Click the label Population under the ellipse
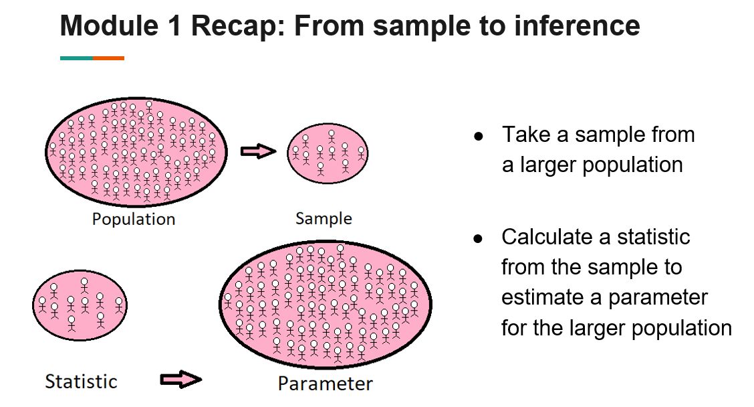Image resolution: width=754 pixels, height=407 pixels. (134, 220)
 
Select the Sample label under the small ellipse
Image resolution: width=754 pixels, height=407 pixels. (324, 219)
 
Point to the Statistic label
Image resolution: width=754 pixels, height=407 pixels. (81, 382)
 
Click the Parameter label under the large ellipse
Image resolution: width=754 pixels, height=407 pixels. (326, 384)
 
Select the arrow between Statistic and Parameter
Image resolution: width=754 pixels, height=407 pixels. (180, 380)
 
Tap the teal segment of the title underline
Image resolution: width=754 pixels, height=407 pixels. (76, 58)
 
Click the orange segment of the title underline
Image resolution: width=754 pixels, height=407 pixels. (108, 58)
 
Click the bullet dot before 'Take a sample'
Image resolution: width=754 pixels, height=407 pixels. (478, 136)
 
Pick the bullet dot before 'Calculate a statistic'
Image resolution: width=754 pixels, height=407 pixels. (478, 238)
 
